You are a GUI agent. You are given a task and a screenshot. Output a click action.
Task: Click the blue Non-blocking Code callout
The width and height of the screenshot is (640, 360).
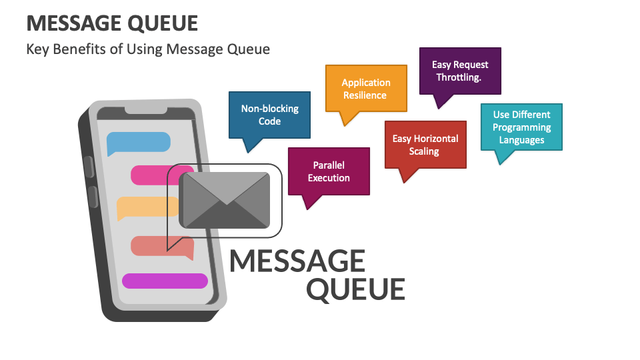click(269, 115)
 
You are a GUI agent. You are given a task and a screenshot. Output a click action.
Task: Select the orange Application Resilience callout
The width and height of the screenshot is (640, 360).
click(365, 89)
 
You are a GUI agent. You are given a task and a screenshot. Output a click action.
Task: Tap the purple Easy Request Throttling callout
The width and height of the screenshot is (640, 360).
click(460, 71)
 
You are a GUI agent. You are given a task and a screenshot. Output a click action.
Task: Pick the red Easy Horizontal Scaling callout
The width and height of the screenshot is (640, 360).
click(425, 145)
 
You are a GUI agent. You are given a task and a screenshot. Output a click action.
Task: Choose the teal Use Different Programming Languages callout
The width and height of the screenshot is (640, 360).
click(521, 127)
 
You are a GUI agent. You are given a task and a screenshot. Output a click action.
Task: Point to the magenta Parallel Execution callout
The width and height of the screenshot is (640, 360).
click(329, 171)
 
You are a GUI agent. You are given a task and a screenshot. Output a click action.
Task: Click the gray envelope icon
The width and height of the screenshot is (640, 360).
click(225, 200)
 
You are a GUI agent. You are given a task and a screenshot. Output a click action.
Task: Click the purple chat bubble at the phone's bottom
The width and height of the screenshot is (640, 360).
click(165, 281)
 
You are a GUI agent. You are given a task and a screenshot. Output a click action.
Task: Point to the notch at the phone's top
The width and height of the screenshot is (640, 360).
click(146, 109)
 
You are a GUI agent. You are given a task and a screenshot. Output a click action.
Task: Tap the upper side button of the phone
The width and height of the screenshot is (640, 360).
click(87, 167)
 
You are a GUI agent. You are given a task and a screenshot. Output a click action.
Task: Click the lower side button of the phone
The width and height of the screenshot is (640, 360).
click(92, 197)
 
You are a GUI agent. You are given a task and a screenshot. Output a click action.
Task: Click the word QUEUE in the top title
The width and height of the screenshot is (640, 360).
click(163, 23)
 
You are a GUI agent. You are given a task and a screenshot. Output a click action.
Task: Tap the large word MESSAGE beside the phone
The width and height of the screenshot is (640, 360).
click(297, 261)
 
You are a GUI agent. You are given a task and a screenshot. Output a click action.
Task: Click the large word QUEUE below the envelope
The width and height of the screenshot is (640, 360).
click(355, 289)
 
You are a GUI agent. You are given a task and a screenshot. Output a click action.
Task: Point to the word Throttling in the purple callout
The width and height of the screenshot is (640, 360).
click(459, 77)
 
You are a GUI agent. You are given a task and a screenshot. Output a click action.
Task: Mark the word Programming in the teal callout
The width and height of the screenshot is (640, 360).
click(521, 127)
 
